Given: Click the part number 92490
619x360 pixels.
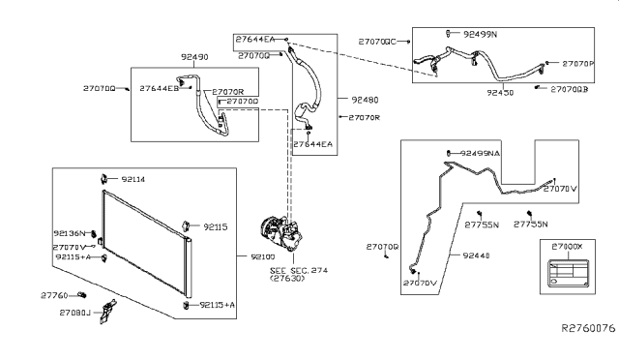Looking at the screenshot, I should click(194, 57).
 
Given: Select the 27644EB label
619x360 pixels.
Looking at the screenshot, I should click(159, 88).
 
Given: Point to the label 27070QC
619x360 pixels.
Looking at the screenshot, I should click(377, 42).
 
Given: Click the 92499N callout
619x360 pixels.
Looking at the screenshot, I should click(478, 34).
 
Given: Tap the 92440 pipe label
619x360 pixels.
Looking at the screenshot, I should click(477, 256).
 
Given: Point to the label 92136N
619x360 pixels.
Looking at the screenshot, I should click(71, 233).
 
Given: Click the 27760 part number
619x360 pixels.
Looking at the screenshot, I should click(55, 294).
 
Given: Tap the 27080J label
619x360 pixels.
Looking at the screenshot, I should click(74, 313).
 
